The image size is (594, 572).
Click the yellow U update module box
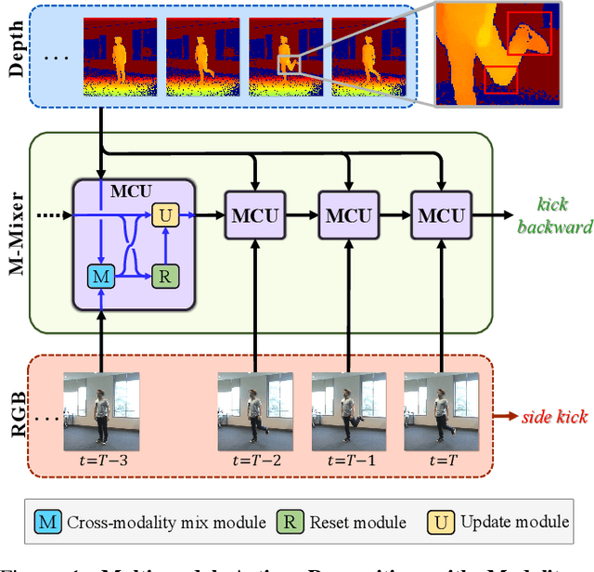(x=164, y=215)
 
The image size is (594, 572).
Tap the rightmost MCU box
(x=442, y=215)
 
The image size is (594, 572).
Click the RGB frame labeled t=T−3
(x=101, y=409)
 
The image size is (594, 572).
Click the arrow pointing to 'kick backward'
(x=492, y=215)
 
